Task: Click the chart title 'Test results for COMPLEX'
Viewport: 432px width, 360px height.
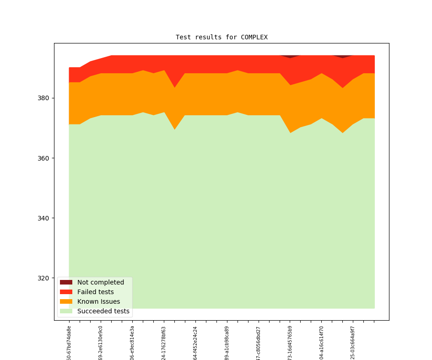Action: tap(221, 37)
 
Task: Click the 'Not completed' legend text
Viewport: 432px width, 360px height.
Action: tap(100, 282)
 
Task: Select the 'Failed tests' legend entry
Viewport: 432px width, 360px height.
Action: tap(95, 292)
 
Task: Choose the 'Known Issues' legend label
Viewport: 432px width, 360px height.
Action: tap(98, 301)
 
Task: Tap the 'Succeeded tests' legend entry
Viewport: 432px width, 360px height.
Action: tap(103, 311)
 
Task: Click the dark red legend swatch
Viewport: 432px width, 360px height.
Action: tap(66, 282)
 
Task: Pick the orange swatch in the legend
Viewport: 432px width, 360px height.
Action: tap(66, 301)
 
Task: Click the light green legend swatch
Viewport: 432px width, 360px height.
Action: tap(66, 311)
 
